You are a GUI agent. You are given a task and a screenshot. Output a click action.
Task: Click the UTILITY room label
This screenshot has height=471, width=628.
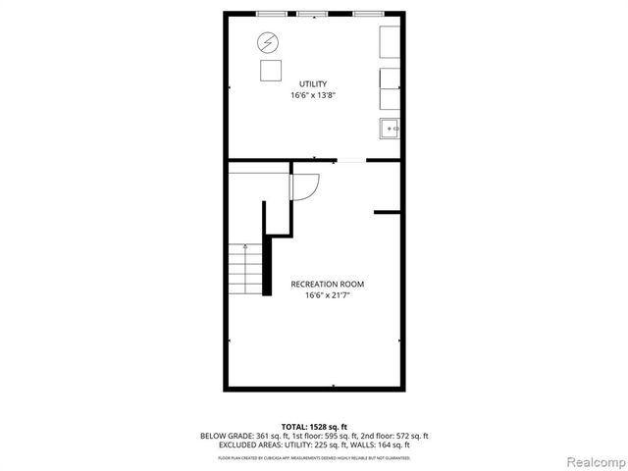[313, 84]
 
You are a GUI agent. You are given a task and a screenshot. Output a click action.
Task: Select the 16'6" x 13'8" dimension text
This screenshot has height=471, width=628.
[313, 96]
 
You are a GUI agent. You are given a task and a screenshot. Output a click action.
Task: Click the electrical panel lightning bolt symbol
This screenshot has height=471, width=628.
[267, 43]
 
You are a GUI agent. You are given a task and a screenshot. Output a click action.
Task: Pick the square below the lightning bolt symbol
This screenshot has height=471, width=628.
[268, 71]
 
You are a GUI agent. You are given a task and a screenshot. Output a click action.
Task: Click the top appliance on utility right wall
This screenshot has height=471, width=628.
[390, 42]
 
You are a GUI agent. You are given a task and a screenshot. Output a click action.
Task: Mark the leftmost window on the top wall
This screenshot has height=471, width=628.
[272, 13]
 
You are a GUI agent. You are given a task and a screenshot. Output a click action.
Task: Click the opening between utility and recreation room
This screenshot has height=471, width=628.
[350, 160]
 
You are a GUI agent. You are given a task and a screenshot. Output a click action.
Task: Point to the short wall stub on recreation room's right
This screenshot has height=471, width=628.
[388, 211]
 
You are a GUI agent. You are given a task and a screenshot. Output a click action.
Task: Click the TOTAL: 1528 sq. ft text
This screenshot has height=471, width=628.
[313, 426]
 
